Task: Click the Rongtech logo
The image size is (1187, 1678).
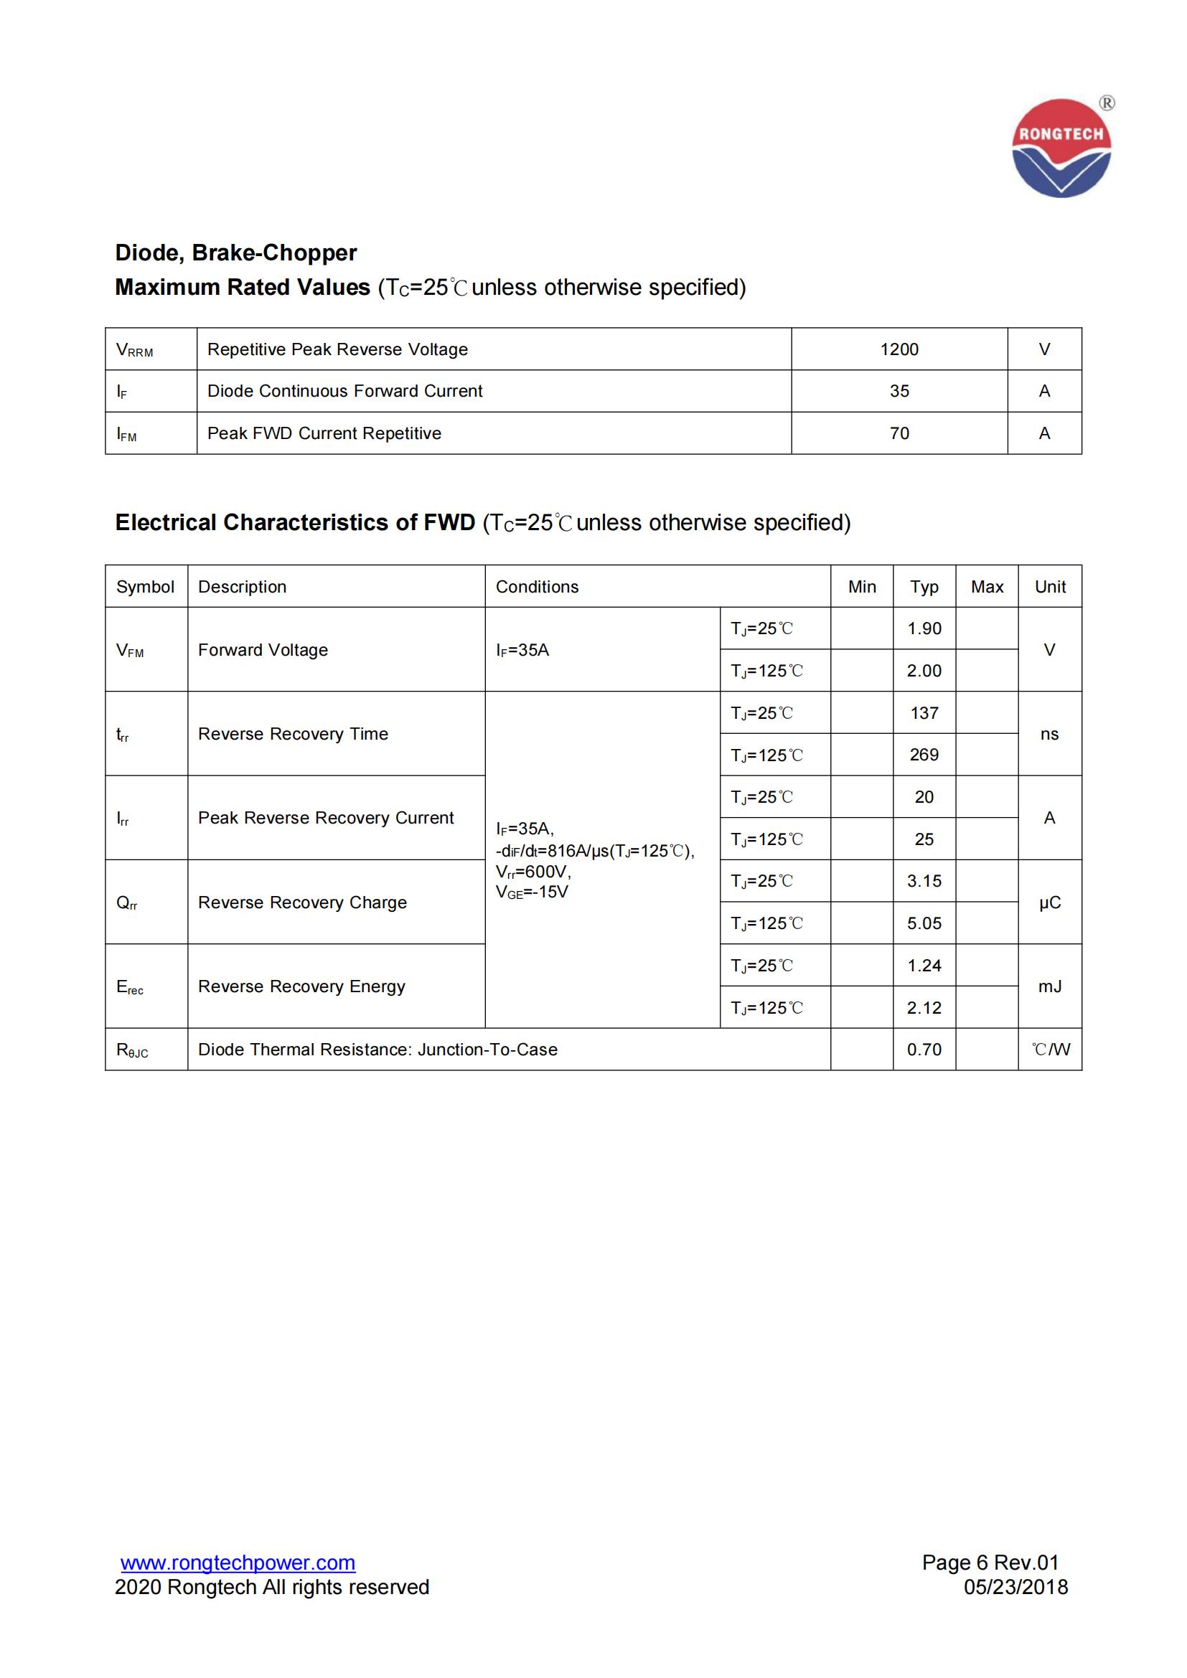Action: (x=1061, y=149)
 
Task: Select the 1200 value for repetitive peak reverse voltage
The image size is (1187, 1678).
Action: (x=899, y=349)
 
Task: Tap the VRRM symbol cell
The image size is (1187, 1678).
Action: (x=135, y=350)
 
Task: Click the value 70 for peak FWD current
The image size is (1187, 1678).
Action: (x=899, y=433)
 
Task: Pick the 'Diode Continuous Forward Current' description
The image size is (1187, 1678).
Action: (x=344, y=391)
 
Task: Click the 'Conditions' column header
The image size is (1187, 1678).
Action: (x=537, y=587)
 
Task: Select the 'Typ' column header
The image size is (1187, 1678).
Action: (x=924, y=587)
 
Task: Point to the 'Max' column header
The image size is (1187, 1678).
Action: (x=987, y=587)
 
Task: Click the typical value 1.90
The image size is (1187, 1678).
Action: (x=924, y=628)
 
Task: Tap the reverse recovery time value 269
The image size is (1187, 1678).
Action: (x=924, y=755)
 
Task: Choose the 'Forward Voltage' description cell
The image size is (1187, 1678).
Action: (x=263, y=650)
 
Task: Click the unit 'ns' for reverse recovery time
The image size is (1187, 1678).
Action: (x=1049, y=734)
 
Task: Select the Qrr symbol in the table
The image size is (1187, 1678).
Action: (x=127, y=903)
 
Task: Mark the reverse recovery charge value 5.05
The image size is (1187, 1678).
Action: (x=924, y=924)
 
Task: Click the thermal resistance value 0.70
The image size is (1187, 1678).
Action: (x=924, y=1050)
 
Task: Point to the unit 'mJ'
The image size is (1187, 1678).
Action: (x=1050, y=986)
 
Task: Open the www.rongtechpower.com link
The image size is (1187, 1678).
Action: (x=238, y=1563)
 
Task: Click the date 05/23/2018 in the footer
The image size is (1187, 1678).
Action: (x=1015, y=1588)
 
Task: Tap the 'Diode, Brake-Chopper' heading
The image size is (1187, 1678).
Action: (x=235, y=253)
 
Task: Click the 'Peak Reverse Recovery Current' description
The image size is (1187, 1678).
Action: (x=325, y=818)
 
